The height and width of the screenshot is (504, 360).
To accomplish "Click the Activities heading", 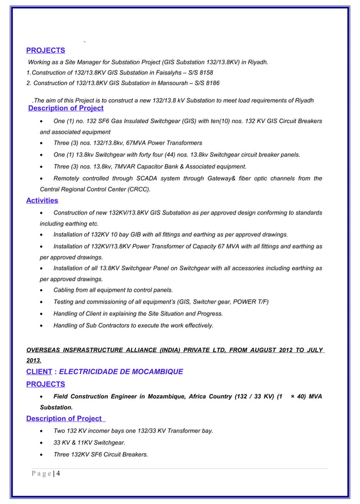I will [x=42, y=200].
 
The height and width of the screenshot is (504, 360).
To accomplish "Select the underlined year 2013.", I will [x=33, y=361].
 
